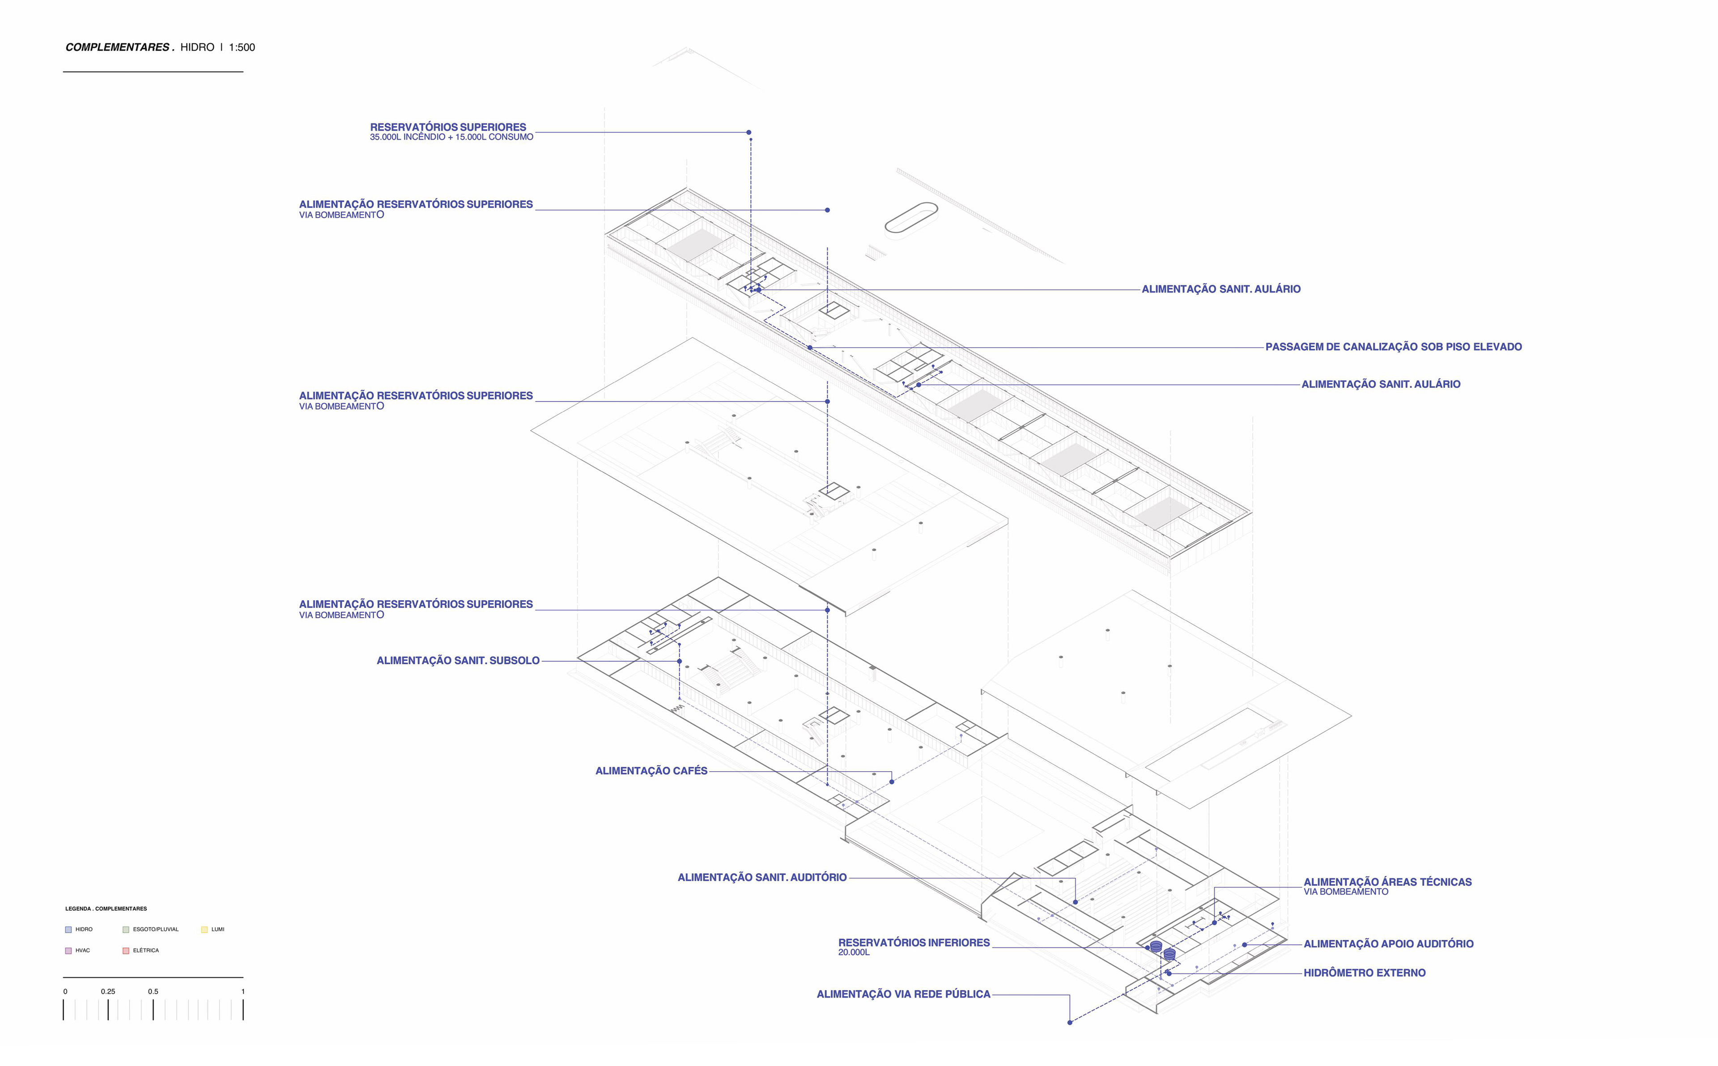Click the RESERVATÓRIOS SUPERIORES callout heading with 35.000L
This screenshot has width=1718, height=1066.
click(x=448, y=127)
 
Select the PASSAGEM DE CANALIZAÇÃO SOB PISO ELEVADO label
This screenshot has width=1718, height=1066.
click(x=1393, y=347)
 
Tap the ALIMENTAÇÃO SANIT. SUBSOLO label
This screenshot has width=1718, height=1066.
click(x=458, y=661)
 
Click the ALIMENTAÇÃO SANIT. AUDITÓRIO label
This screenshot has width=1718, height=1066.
click(x=761, y=878)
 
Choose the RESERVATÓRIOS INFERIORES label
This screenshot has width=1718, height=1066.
click(x=914, y=943)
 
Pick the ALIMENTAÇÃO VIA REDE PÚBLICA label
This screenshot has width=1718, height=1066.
click(x=903, y=994)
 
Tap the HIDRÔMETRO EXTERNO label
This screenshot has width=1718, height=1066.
click(x=1364, y=973)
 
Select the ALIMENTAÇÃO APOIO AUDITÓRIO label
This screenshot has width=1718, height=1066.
click(x=1388, y=944)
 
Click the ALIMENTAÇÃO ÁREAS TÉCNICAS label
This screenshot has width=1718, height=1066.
click(x=1387, y=882)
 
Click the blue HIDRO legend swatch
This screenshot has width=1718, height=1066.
click(x=68, y=929)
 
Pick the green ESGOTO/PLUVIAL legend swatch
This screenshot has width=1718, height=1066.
click(x=125, y=929)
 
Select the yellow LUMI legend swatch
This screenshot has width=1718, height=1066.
click(x=204, y=929)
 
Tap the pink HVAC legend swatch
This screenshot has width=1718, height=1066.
click(x=68, y=951)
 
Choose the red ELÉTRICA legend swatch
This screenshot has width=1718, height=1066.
click(x=125, y=951)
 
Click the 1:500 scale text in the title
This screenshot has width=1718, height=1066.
click(x=242, y=47)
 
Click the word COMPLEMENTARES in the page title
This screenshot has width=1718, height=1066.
click(x=117, y=47)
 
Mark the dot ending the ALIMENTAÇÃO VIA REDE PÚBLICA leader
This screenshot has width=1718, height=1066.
click(x=1069, y=1022)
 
